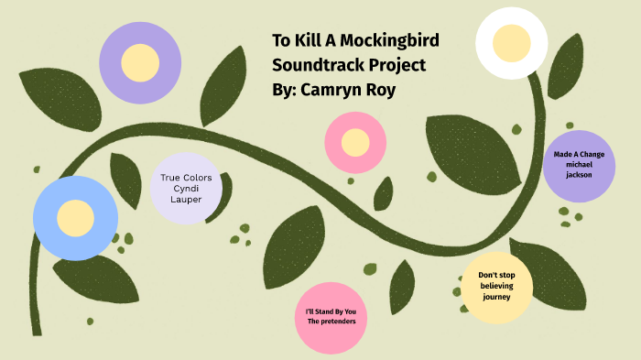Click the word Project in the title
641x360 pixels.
pyautogui.click(x=396, y=66)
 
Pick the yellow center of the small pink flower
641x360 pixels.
pyautogui.click(x=355, y=142)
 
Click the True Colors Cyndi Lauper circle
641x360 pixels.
pyautogui.click(x=186, y=188)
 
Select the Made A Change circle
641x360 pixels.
pyautogui.click(x=579, y=164)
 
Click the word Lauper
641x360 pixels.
pyautogui.click(x=186, y=200)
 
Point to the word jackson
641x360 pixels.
pyautogui.click(x=579, y=174)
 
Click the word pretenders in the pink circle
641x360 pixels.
pyautogui.click(x=337, y=322)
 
